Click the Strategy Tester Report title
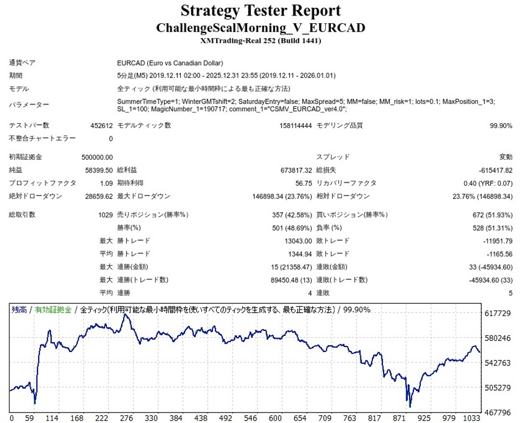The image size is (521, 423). [260, 11]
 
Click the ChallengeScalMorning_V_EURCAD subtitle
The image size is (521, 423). [260, 28]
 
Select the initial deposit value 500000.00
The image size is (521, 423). [97, 157]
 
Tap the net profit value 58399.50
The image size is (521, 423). [100, 170]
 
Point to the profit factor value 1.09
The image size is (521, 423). [106, 183]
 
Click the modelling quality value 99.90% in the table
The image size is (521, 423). [501, 126]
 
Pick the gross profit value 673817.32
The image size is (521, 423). [297, 170]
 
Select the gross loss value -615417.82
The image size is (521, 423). [495, 170]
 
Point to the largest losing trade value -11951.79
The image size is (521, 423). [497, 241]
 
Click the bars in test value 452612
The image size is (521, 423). [101, 126]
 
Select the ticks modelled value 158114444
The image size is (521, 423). [296, 126]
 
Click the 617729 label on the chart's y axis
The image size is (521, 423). [498, 314]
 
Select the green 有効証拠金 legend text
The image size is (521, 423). [53, 310]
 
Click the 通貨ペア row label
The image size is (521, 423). [22, 63]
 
